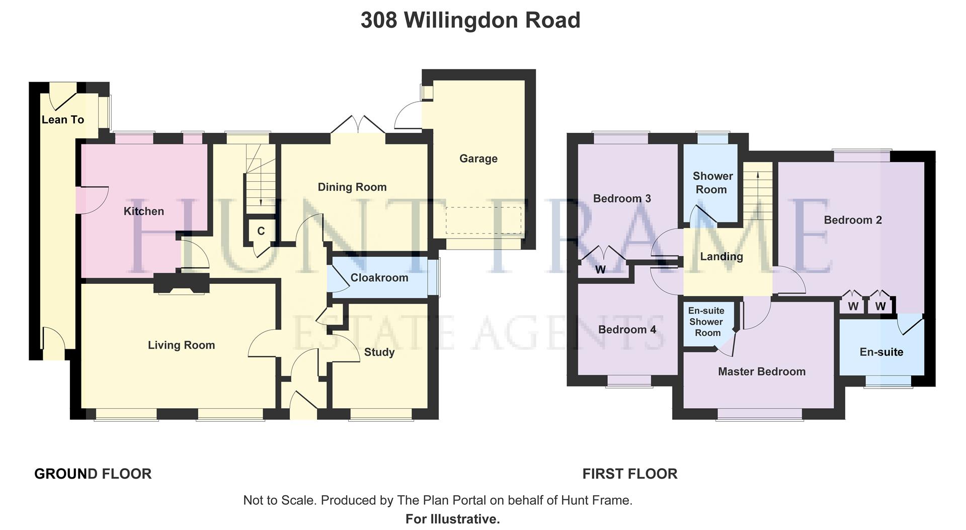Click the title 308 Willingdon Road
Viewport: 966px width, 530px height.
click(x=470, y=21)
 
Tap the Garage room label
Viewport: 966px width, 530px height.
click(x=478, y=159)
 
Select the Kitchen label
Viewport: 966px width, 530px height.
click(x=143, y=211)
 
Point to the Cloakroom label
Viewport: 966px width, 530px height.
click(x=379, y=278)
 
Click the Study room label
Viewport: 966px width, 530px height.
click(x=379, y=352)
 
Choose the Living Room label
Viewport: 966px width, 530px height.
click(x=181, y=345)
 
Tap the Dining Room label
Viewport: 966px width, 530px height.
click(x=352, y=187)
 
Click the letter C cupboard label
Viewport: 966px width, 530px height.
click(x=261, y=232)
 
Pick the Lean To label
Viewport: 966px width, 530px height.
click(x=62, y=120)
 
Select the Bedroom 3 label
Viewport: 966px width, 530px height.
click(x=622, y=199)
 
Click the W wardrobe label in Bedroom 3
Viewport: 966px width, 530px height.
click(x=600, y=270)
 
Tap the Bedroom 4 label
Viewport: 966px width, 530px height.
click(x=627, y=330)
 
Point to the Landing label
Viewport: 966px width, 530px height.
click(x=721, y=257)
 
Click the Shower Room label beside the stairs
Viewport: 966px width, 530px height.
click(x=712, y=183)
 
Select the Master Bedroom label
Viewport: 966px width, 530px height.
click(x=761, y=372)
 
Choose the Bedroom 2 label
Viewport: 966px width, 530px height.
click(x=853, y=220)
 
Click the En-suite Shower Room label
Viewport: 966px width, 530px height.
click(x=706, y=322)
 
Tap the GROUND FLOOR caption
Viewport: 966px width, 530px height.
click(x=93, y=474)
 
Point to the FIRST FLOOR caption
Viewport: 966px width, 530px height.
click(x=629, y=474)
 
